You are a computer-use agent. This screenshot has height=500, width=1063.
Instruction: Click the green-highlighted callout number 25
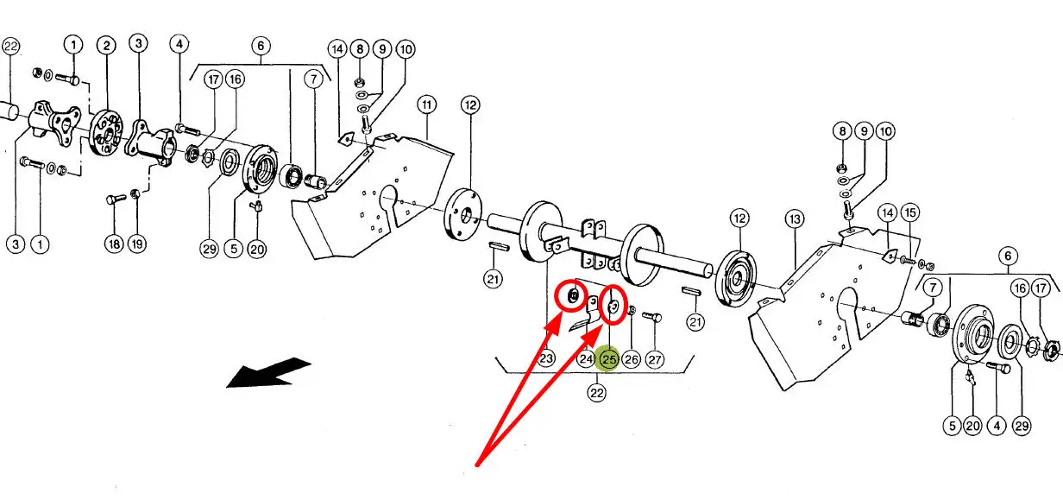pyautogui.click(x=609, y=359)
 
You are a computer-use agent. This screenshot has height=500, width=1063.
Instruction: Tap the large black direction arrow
pyautogui.click(x=268, y=373)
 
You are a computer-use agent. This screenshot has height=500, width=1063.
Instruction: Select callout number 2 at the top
pyautogui.click(x=106, y=46)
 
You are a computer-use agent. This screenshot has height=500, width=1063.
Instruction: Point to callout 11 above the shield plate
pyautogui.click(x=426, y=104)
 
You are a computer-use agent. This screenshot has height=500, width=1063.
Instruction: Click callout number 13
pyautogui.click(x=795, y=219)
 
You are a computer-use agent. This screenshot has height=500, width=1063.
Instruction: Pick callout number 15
pyautogui.click(x=910, y=212)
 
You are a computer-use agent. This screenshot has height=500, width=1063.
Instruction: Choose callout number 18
pyautogui.click(x=114, y=244)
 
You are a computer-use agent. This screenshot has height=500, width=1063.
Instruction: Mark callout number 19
pyautogui.click(x=137, y=244)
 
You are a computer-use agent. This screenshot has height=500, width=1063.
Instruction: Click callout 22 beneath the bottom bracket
pyautogui.click(x=596, y=393)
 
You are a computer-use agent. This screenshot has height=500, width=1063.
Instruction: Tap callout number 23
pyautogui.click(x=546, y=358)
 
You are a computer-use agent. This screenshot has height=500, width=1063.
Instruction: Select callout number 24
pyautogui.click(x=586, y=359)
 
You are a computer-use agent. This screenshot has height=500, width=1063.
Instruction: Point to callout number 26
pyautogui.click(x=632, y=359)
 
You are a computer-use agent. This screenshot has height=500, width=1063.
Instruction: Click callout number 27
pyautogui.click(x=654, y=359)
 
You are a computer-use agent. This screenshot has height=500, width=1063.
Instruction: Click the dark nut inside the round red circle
pyautogui.click(x=573, y=297)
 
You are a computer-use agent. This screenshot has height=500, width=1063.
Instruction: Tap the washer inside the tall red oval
pyautogui.click(x=613, y=306)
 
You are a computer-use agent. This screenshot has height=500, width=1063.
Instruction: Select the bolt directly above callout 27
pyautogui.click(x=652, y=316)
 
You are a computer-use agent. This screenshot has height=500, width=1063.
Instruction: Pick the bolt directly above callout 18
pyautogui.click(x=116, y=199)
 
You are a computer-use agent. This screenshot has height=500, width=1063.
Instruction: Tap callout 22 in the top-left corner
pyautogui.click(x=10, y=46)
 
